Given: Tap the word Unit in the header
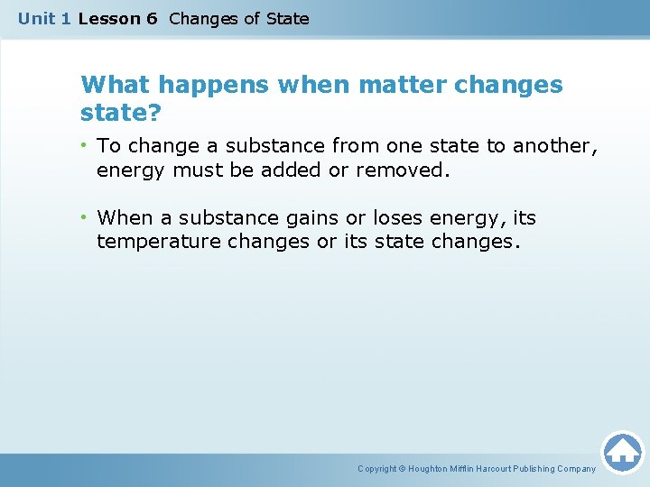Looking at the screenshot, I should (x=37, y=18).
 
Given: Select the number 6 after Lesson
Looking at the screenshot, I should (x=151, y=18).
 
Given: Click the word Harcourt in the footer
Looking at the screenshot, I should (x=497, y=469).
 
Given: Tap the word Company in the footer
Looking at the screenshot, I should (x=576, y=469).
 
